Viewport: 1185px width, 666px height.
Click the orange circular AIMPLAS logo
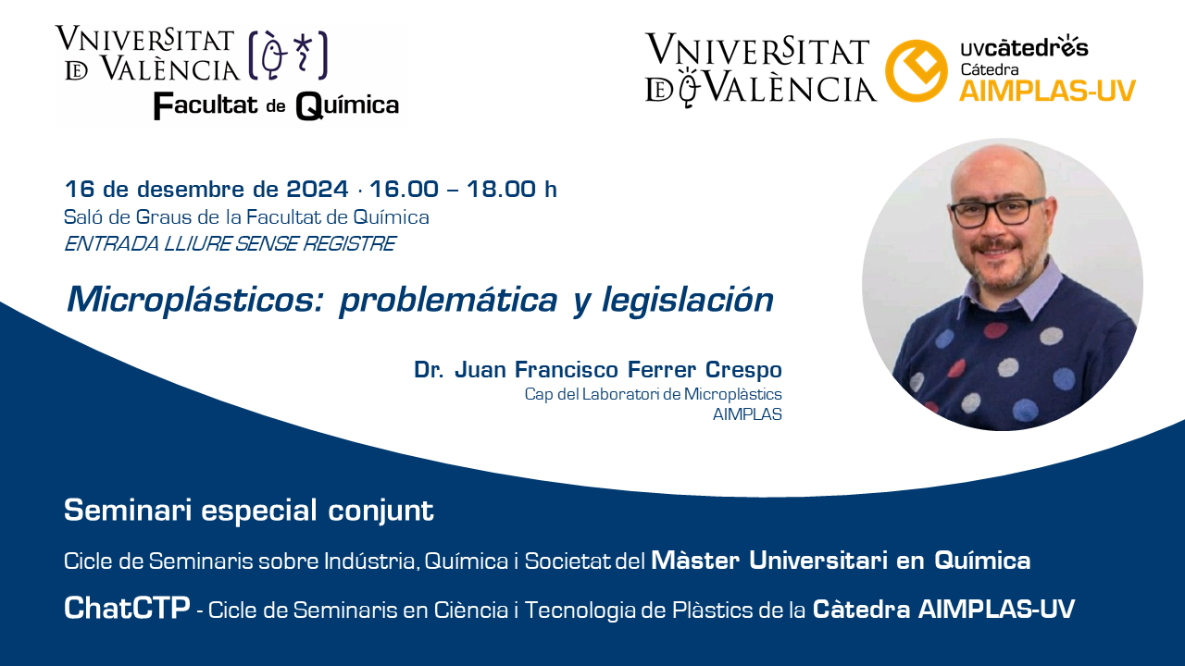click(917, 70)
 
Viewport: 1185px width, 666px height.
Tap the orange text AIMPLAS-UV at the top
click(1047, 91)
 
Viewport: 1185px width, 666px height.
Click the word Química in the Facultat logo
click(347, 105)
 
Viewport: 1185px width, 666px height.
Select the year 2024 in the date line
click(318, 190)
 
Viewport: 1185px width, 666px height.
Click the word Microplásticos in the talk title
click(194, 301)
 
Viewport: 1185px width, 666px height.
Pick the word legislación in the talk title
click(688, 301)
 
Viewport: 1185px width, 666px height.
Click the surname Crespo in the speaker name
click(743, 370)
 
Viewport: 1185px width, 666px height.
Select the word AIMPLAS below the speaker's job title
click(747, 414)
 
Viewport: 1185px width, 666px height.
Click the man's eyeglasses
click(997, 212)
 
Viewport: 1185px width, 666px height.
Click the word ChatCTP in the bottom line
click(127, 608)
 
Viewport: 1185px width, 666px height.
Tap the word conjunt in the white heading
click(380, 512)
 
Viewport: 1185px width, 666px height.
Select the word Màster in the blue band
click(695, 561)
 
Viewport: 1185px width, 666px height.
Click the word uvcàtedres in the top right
click(1024, 47)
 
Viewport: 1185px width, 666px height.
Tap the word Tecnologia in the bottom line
click(579, 610)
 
